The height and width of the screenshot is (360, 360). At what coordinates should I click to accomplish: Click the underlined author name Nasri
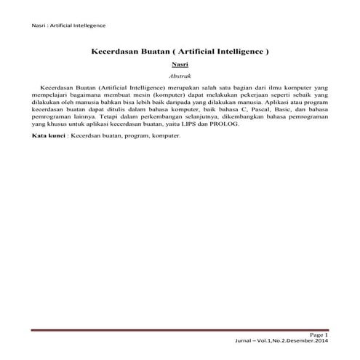(x=180, y=65)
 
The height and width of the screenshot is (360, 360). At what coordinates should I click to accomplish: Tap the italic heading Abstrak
(x=180, y=75)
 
